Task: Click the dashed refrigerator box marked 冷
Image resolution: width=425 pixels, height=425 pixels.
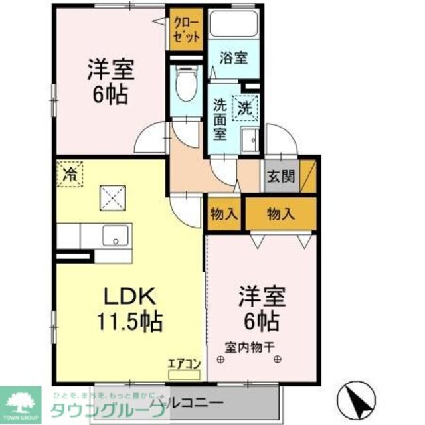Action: pos(70,175)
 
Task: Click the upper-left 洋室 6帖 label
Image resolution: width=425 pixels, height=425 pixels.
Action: pos(110,80)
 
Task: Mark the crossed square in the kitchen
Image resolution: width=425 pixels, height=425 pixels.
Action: pos(112,197)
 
